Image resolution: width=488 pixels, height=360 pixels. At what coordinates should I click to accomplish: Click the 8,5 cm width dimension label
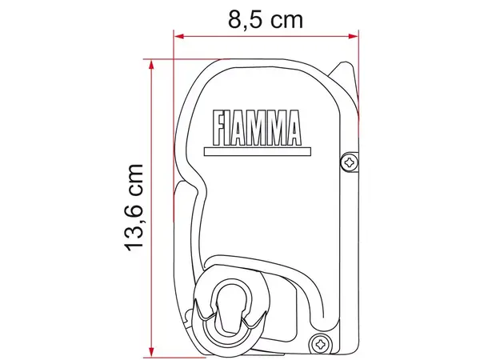coord(266,18)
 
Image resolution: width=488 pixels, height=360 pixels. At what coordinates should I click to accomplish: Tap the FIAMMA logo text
coord(255,126)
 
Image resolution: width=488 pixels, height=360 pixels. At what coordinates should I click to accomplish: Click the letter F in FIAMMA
coord(218,126)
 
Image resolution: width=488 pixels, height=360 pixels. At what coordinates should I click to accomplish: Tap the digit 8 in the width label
coord(236,18)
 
